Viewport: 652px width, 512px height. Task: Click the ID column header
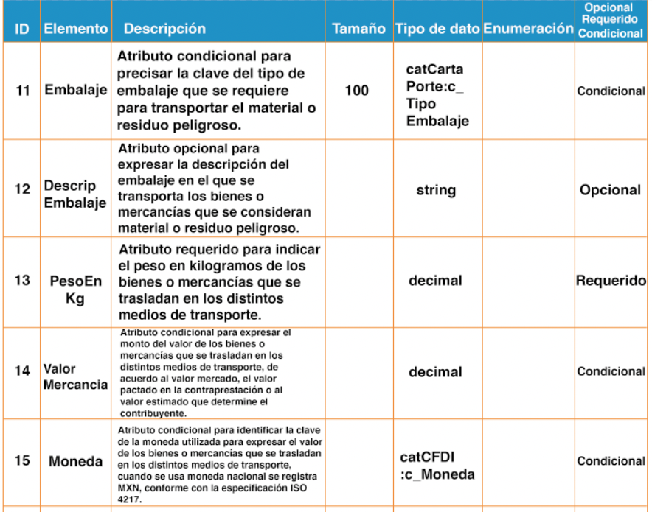click(x=22, y=29)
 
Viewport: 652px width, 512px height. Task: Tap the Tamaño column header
click(x=358, y=29)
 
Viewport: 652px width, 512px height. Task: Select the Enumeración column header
click(x=528, y=29)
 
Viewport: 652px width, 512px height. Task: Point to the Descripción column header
click(x=164, y=29)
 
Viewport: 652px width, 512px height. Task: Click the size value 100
click(x=357, y=91)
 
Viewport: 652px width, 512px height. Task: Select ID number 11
click(x=22, y=91)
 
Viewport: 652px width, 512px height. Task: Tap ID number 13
click(x=22, y=281)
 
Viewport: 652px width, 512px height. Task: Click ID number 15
click(x=22, y=461)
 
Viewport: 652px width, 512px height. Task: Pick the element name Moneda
click(x=76, y=462)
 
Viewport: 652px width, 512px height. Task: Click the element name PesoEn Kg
click(x=76, y=290)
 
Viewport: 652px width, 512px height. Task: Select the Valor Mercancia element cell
click(x=76, y=376)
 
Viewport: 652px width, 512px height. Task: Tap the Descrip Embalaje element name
click(x=76, y=194)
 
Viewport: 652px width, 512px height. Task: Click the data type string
click(x=436, y=190)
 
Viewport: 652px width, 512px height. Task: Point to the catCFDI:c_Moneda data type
click(x=437, y=466)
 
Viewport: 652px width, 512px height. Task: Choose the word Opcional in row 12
click(x=610, y=190)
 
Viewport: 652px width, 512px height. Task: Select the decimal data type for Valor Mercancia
click(x=436, y=372)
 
